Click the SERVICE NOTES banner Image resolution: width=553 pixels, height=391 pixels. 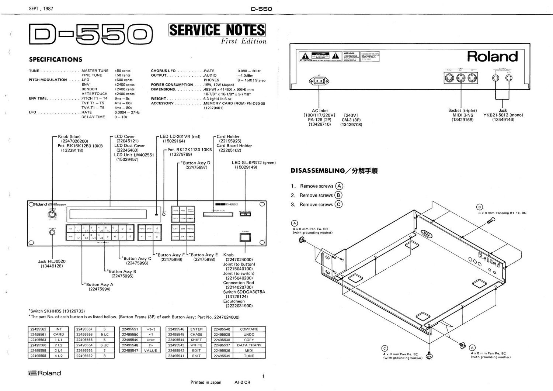pyautogui.click(x=217, y=30)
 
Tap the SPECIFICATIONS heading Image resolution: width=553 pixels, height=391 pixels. pyautogui.click(x=56, y=59)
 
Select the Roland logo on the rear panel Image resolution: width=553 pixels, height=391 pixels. pyautogui.click(x=492, y=56)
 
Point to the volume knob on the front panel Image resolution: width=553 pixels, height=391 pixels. pyautogui.click(x=52, y=214)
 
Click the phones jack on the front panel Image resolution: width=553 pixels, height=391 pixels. pyautogui.click(x=52, y=232)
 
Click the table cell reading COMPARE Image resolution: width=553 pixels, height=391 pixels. pyautogui.click(x=249, y=329)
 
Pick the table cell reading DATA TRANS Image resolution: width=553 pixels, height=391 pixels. pyautogui.click(x=249, y=345)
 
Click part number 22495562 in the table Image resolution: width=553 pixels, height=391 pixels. pyautogui.click(x=38, y=329)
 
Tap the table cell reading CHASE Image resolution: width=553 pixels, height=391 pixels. pyautogui.click(x=196, y=335)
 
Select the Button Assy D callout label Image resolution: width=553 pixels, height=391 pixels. pyautogui.click(x=195, y=163)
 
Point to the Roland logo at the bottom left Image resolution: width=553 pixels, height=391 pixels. pyautogui.click(x=44, y=373)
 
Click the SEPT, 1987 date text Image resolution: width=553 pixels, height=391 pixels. pyautogui.click(x=41, y=9)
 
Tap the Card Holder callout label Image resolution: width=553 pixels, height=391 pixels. pyautogui.click(x=228, y=136)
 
